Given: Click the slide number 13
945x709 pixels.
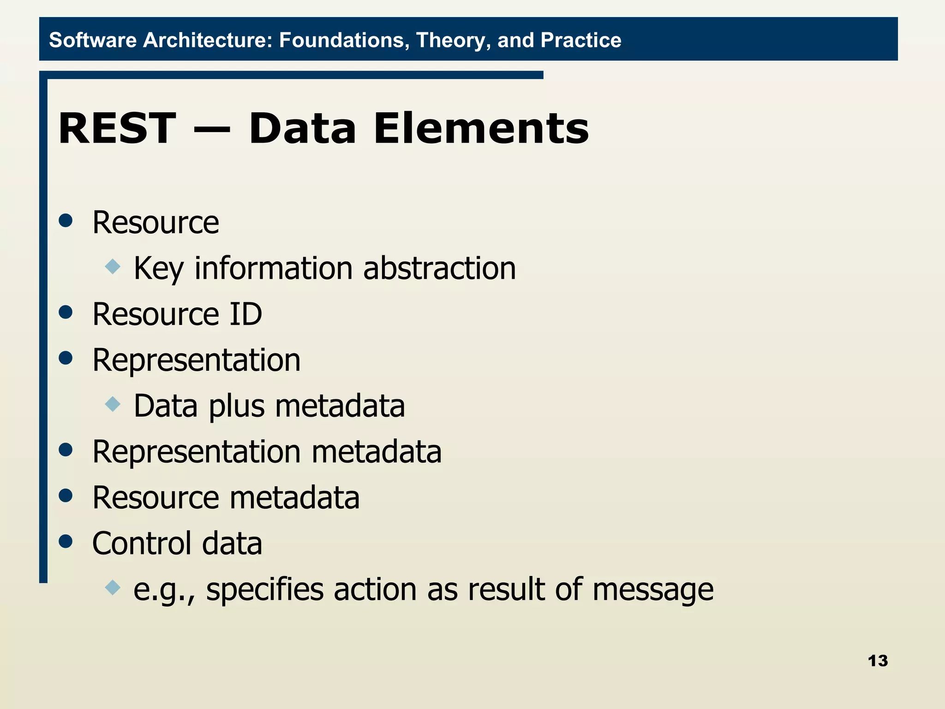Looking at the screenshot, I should pyautogui.click(x=877, y=661).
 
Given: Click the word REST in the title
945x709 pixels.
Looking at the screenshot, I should pyautogui.click(x=117, y=129).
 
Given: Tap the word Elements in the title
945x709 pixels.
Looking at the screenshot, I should pyautogui.click(x=481, y=129).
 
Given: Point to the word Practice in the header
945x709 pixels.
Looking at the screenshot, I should pyautogui.click(x=580, y=40).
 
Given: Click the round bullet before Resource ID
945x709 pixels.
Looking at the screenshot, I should pyautogui.click(x=66, y=312).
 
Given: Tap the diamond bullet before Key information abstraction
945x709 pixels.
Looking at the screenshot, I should pyautogui.click(x=113, y=266).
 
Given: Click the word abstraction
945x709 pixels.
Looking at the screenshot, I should pyautogui.click(x=439, y=268).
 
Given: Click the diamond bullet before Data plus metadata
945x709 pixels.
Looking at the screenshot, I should pyautogui.click(x=113, y=404).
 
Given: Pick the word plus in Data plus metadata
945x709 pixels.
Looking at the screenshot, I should pyautogui.click(x=236, y=407).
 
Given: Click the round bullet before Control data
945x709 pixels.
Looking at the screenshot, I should pyautogui.click(x=66, y=541).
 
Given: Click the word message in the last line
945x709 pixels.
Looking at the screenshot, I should pyautogui.click(x=652, y=590).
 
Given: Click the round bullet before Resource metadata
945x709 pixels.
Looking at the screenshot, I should pyautogui.click(x=66, y=495).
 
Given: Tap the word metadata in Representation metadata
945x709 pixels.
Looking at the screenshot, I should pyautogui.click(x=376, y=452).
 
